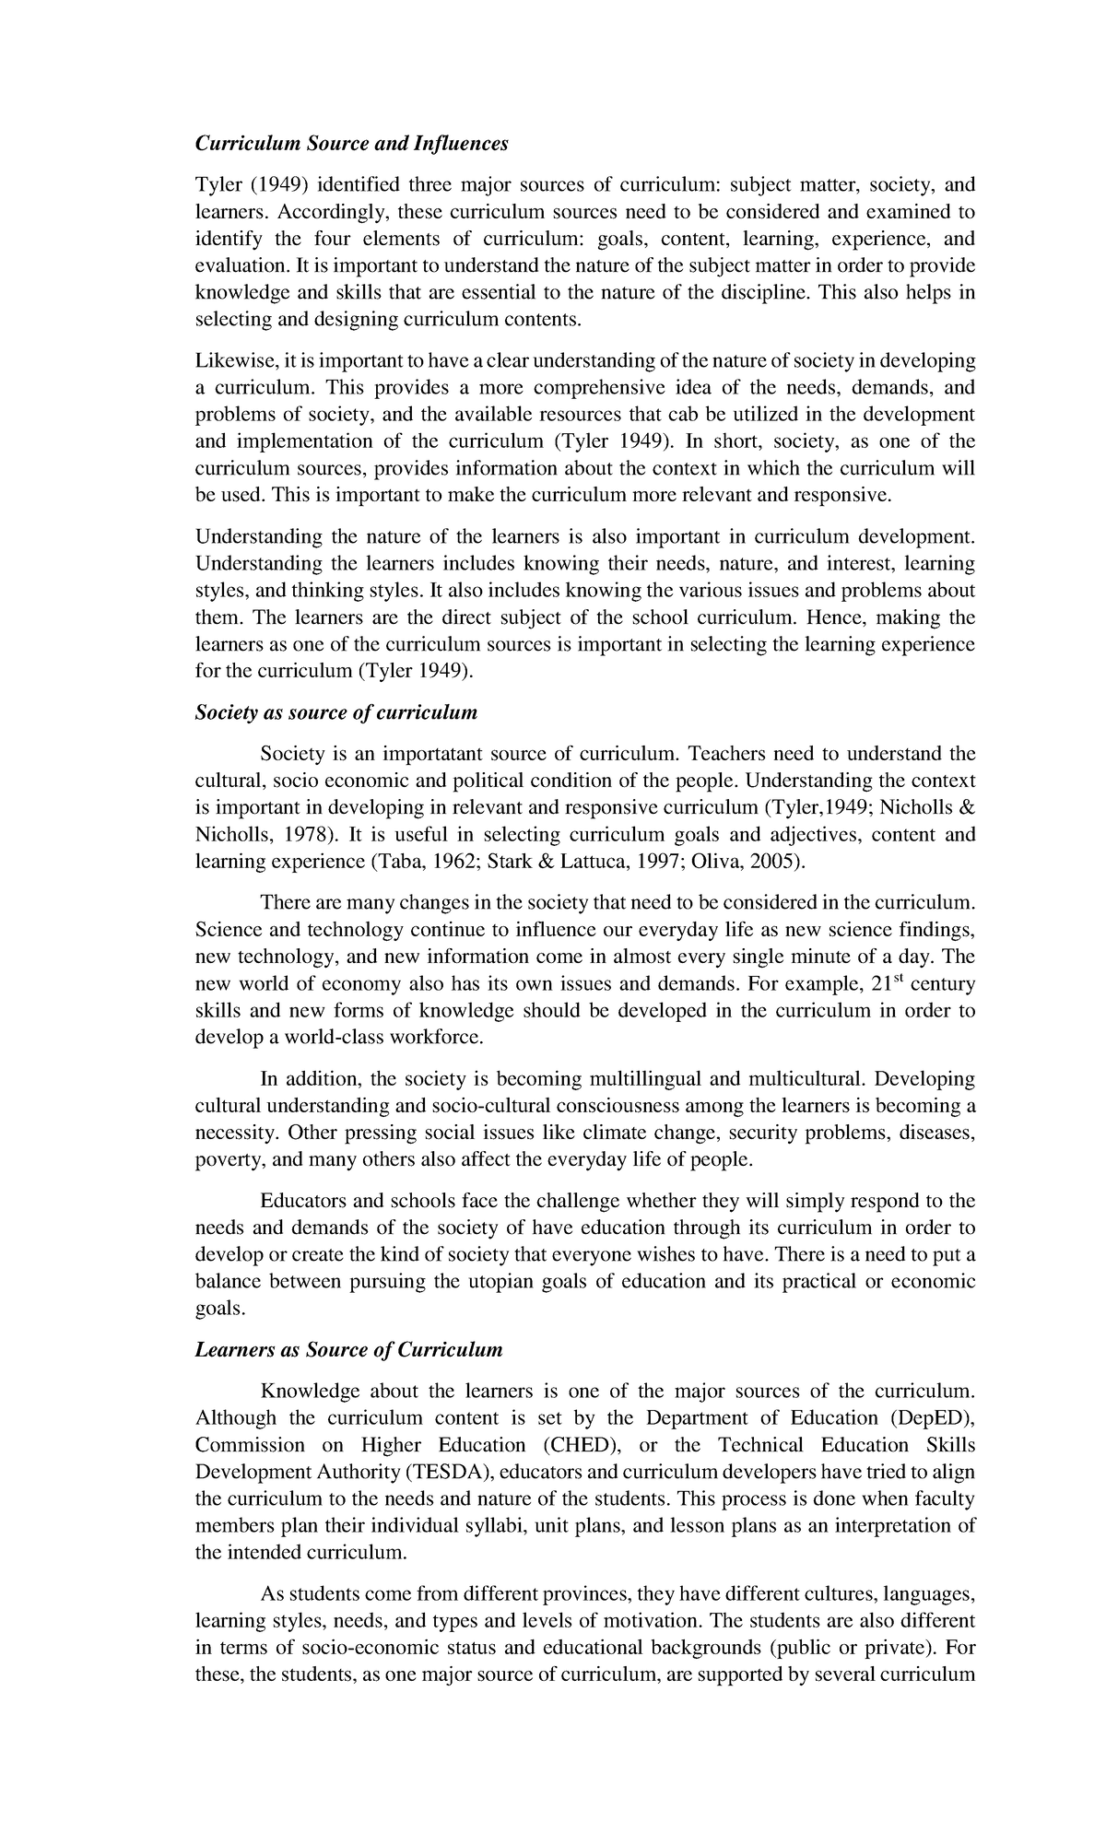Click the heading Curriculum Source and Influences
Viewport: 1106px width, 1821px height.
(x=351, y=144)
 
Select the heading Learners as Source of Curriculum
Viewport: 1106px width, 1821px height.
(x=349, y=1350)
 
